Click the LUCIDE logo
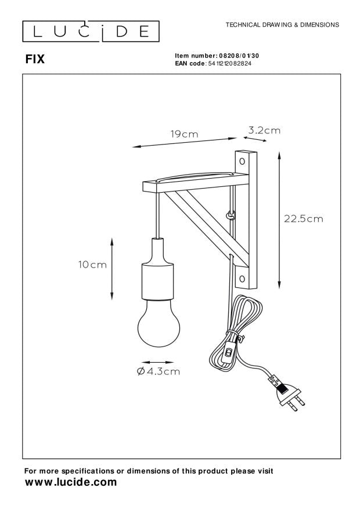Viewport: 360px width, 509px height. pyautogui.click(x=91, y=30)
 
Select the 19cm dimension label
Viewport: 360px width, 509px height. pyautogui.click(x=183, y=134)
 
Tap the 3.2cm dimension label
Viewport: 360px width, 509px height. pyautogui.click(x=264, y=131)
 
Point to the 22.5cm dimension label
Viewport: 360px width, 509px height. pyautogui.click(x=303, y=219)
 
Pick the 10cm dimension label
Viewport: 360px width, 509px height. pyautogui.click(x=92, y=265)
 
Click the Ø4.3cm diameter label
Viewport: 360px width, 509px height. pyautogui.click(x=158, y=371)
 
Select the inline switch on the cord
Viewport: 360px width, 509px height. pyautogui.click(x=230, y=352)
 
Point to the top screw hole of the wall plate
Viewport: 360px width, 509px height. pyautogui.click(x=243, y=159)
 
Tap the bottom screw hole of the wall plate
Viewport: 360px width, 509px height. pyautogui.click(x=243, y=279)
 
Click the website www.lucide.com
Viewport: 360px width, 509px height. pyautogui.click(x=70, y=482)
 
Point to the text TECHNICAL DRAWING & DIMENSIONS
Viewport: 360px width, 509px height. pyautogui.click(x=282, y=26)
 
